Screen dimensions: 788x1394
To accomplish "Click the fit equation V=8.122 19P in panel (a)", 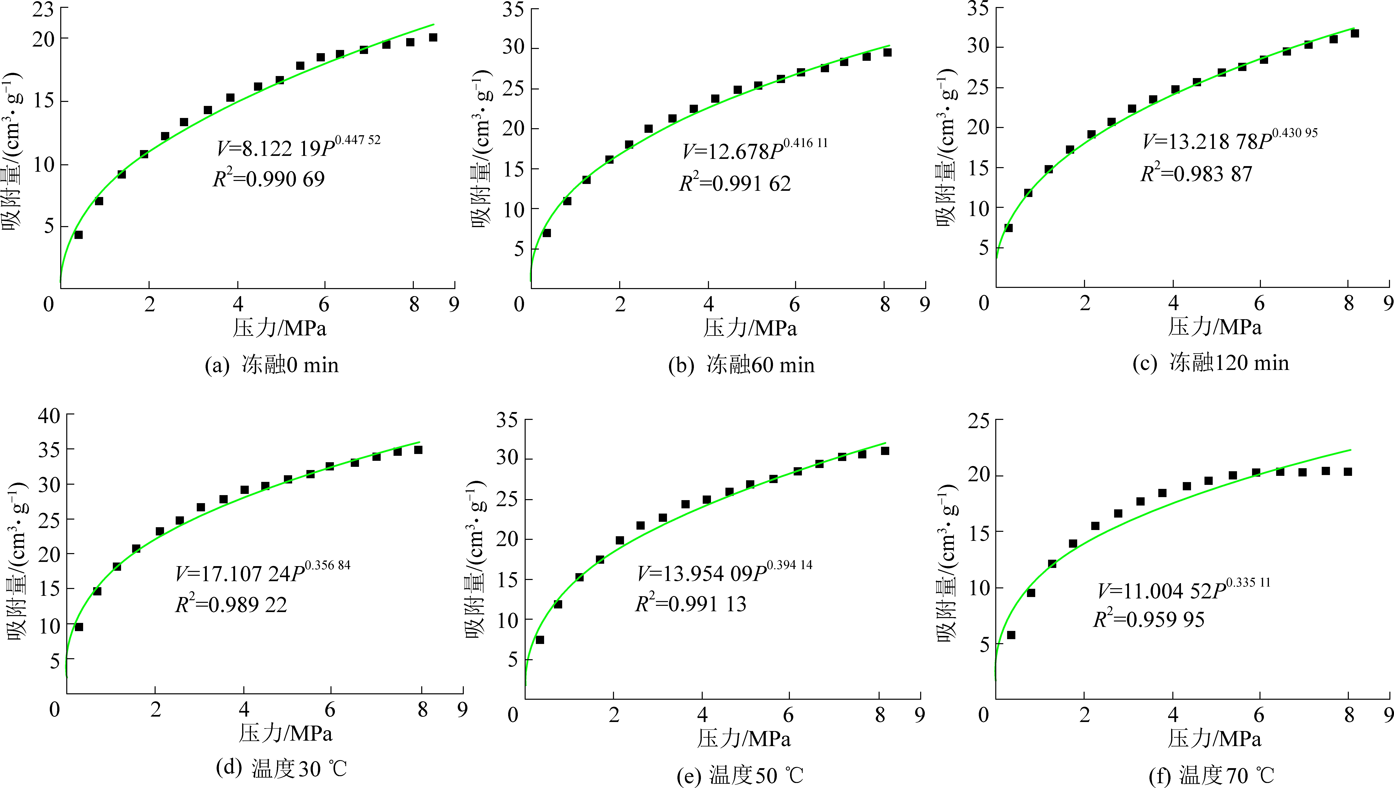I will pyautogui.click(x=298, y=147).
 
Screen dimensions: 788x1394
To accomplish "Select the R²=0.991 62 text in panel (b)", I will pyautogui.click(x=735, y=184).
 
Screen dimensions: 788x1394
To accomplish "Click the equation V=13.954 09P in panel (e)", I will pyautogui.click(x=724, y=573).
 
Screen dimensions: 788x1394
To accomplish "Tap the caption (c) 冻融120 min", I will pyautogui.click(x=1210, y=363).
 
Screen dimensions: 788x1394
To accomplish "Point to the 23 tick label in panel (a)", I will pyautogui.click(x=43, y=9).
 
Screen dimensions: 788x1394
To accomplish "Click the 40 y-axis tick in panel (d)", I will pyautogui.click(x=49, y=416).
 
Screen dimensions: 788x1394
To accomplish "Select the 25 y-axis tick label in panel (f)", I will pyautogui.click(x=978, y=420).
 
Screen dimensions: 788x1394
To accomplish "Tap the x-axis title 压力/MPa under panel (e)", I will pyautogui.click(x=743, y=738).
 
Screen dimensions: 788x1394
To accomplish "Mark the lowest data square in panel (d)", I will pyautogui.click(x=79, y=627).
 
